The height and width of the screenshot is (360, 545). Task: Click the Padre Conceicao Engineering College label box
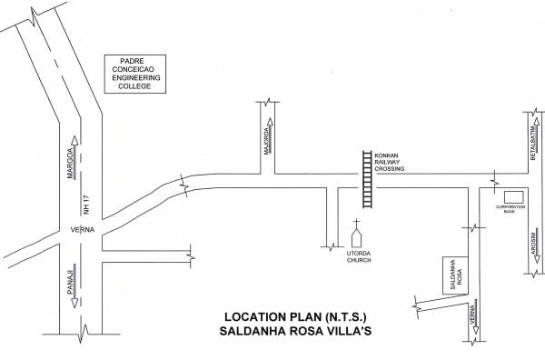[x=134, y=72]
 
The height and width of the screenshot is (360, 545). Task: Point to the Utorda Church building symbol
[x=358, y=237]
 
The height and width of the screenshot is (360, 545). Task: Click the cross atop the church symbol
[x=358, y=223]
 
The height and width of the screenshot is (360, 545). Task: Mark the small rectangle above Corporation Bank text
[x=513, y=197]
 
